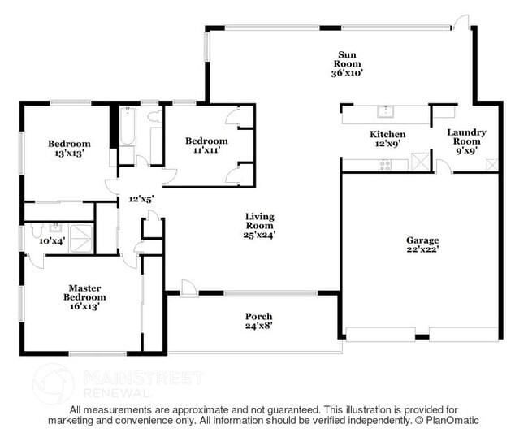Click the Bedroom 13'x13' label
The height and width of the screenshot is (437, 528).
click(69, 149)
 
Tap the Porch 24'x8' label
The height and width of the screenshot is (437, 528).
click(259, 321)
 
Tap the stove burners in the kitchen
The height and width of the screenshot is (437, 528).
click(386, 165)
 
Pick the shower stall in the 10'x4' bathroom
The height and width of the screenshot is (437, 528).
click(81, 238)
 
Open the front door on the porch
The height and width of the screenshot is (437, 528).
click(188, 287)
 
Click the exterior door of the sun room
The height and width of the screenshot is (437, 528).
click(461, 21)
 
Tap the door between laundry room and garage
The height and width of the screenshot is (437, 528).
click(441, 167)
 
